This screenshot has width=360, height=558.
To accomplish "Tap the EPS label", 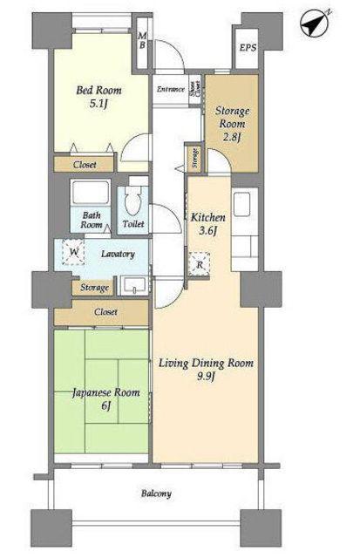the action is (x=248, y=48).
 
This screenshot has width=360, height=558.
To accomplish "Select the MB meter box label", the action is (x=142, y=40).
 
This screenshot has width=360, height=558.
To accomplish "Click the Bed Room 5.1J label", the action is (x=98, y=97).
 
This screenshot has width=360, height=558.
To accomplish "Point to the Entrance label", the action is (x=170, y=89).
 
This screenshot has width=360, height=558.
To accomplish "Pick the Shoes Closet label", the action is (x=194, y=89).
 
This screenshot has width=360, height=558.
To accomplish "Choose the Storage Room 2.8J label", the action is (x=232, y=124).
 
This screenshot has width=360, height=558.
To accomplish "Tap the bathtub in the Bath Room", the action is (x=90, y=193).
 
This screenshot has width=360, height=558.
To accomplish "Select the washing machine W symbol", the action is (x=73, y=252).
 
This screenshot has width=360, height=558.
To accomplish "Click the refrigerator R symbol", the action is (x=200, y=264).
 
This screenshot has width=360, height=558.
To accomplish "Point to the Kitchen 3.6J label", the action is (x=207, y=224).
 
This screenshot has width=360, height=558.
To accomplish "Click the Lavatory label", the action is (x=118, y=254).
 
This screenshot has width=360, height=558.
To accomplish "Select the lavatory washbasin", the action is (x=133, y=285).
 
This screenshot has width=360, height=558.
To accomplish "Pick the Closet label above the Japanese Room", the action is (x=105, y=312).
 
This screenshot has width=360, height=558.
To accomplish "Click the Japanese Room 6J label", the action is (x=106, y=399).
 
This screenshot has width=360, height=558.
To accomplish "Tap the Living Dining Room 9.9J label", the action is (x=206, y=370).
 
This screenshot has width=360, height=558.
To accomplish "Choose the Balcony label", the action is (x=156, y=493).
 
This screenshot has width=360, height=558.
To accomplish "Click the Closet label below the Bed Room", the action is (x=85, y=165).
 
